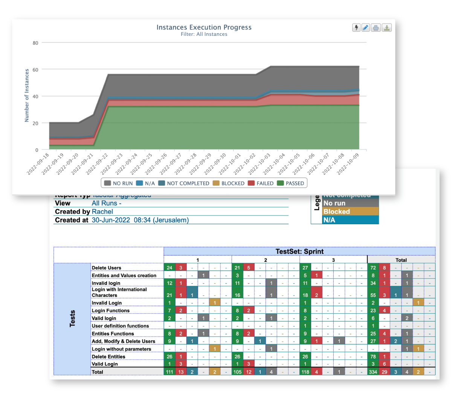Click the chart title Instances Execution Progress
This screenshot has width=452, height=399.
click(204, 27)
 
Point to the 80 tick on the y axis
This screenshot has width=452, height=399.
click(35, 43)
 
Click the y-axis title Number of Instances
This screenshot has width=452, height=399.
click(27, 96)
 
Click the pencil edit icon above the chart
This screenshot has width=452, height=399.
click(365, 28)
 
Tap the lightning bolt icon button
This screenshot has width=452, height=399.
click(356, 28)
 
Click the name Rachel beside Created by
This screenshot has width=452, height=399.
click(102, 212)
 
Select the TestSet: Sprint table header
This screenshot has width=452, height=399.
click(299, 251)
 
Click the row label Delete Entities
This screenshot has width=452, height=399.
click(108, 357)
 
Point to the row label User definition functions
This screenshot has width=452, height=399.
click(120, 326)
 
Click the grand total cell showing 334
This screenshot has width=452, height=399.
click(373, 372)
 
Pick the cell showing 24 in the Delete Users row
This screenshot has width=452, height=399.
click(169, 268)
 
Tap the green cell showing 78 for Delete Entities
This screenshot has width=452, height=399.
click(373, 357)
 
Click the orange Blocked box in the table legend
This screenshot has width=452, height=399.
click(350, 212)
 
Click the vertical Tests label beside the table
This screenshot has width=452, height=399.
click(72, 319)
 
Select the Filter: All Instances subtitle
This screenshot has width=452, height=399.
click(204, 34)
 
